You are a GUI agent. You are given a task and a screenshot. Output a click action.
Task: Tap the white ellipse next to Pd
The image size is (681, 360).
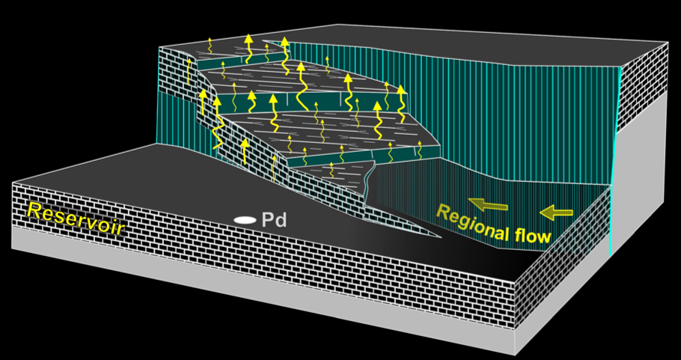click(244, 220)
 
